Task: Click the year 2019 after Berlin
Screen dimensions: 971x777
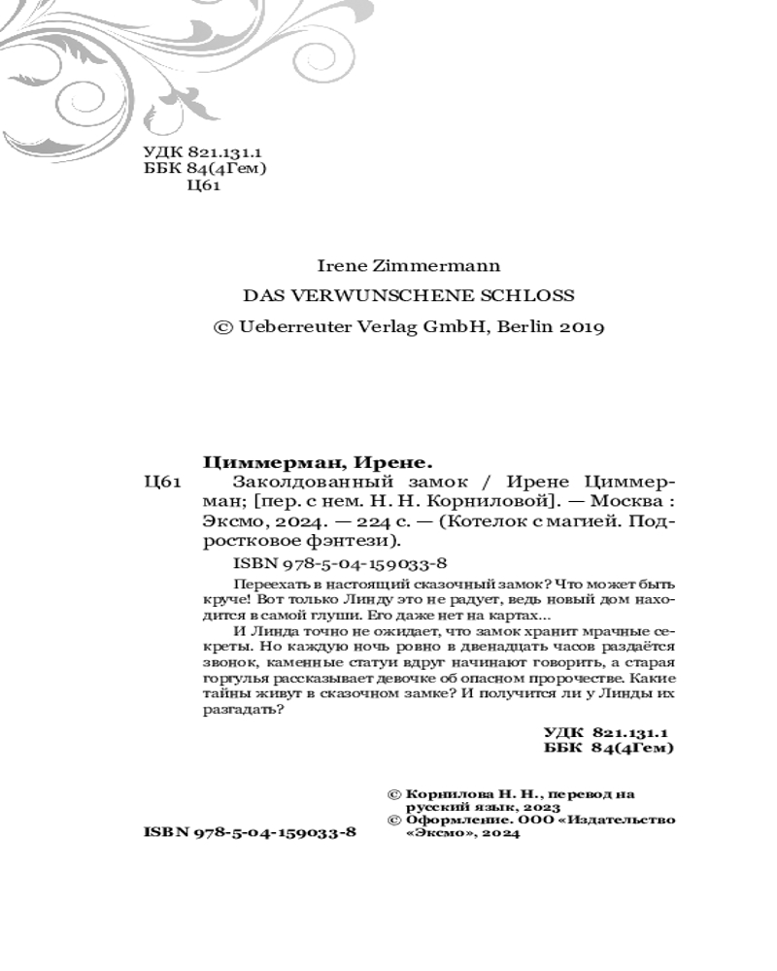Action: pyautogui.click(x=582, y=327)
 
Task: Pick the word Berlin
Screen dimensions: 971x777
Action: pyautogui.click(x=524, y=327)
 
